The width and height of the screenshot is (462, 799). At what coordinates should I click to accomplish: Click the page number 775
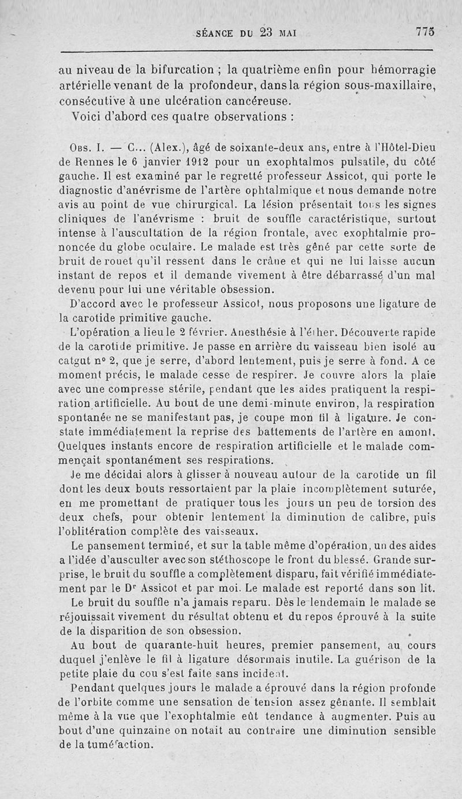click(x=424, y=33)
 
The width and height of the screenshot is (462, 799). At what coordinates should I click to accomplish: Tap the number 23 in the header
click(x=266, y=33)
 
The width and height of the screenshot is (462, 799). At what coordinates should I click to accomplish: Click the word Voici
click(x=88, y=115)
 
